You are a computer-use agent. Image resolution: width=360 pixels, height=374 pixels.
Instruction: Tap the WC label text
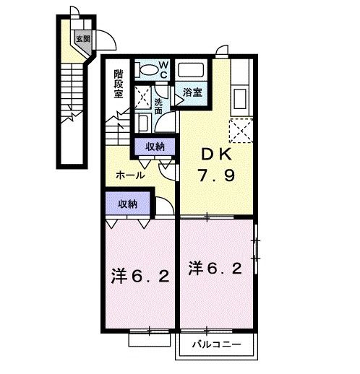tap(163, 69)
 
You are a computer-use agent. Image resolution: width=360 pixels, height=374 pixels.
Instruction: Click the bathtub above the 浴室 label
tap(192, 71)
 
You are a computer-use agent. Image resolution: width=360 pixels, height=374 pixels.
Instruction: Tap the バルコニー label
tap(216, 344)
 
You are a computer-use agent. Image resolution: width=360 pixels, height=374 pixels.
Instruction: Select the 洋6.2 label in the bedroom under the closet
tap(140, 276)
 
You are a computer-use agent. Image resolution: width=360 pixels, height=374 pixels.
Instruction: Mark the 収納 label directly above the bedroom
tap(127, 204)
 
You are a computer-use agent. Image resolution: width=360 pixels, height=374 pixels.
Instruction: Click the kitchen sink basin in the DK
tap(240, 96)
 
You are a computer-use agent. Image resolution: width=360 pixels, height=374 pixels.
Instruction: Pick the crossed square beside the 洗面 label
tap(142, 97)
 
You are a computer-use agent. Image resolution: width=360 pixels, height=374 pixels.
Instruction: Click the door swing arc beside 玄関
tap(104, 40)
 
